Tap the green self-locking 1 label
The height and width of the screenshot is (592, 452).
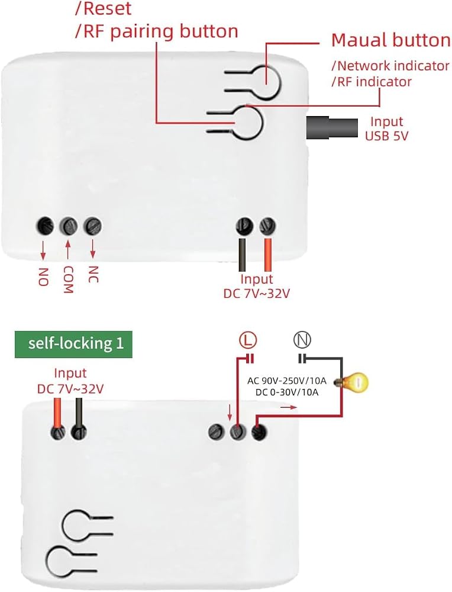[x=73, y=344]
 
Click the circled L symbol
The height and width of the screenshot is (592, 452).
[x=248, y=340]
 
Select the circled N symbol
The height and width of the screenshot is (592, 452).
[x=302, y=340]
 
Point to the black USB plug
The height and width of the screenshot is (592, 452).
[x=332, y=128]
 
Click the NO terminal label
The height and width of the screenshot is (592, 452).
[x=43, y=276]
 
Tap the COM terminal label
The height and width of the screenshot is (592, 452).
[x=68, y=280]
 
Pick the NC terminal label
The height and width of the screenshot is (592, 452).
[x=93, y=275]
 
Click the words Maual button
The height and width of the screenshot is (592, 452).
[x=391, y=40]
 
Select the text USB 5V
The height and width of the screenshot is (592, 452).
[x=386, y=136]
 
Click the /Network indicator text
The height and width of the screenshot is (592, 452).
[x=390, y=66]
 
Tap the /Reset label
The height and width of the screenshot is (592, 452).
[x=103, y=9]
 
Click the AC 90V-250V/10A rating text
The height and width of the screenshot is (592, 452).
[x=287, y=381]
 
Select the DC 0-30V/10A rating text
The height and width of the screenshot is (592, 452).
[x=287, y=392]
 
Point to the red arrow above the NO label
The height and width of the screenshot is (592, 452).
[x=43, y=250]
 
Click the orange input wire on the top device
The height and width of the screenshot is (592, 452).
[x=268, y=255]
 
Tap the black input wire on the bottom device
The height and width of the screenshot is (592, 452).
[x=79, y=413]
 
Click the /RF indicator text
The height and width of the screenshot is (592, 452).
[x=372, y=82]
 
